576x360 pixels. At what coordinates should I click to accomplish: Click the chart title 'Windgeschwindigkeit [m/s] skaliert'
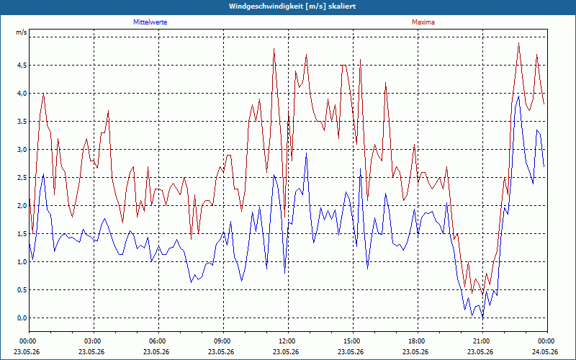[x=292, y=6]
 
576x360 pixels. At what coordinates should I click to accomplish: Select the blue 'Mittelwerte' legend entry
[x=150, y=22]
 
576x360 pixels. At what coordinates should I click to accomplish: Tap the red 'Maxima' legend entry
[x=423, y=22]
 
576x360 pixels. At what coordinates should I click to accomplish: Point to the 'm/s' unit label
[x=22, y=32]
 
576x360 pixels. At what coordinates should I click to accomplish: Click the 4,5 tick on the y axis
[x=22, y=66]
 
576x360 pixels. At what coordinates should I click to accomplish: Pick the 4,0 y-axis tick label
[x=22, y=94]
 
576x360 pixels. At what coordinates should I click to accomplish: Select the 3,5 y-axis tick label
[x=22, y=122]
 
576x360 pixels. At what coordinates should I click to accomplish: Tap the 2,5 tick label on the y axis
[x=22, y=178]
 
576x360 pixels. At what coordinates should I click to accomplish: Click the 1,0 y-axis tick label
[x=22, y=262]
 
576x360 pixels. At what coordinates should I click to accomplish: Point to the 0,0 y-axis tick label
[x=22, y=318]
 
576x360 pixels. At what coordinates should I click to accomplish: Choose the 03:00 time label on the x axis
[x=94, y=341]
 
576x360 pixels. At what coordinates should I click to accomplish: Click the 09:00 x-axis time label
[x=224, y=341]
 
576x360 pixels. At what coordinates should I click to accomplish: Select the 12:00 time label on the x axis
[x=289, y=341]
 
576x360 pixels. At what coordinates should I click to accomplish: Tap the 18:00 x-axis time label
[x=418, y=341]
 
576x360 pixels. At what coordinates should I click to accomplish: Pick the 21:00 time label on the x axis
[x=482, y=341]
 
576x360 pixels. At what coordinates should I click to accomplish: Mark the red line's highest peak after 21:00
[x=518, y=43]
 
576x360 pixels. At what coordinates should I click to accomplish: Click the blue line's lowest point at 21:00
[x=482, y=317]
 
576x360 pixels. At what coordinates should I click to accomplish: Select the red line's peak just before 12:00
[x=274, y=48]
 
